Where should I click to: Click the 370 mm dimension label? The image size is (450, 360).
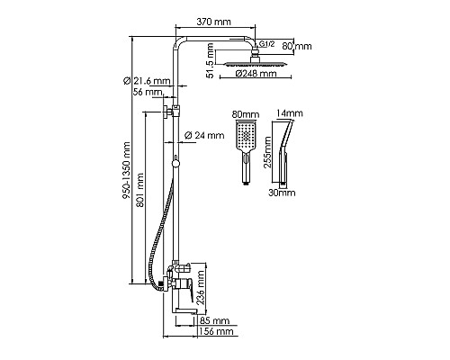tap(213, 22)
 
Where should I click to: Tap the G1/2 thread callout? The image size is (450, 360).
tap(266, 44)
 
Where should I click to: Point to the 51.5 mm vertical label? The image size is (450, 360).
tap(211, 60)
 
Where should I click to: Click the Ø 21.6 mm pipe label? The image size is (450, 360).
tap(147, 81)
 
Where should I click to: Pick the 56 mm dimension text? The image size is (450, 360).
tap(148, 92)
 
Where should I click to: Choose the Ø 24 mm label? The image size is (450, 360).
tap(204, 135)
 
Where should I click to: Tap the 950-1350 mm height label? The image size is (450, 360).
tap(127, 170)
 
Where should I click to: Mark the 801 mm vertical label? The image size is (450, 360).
tap(140, 190)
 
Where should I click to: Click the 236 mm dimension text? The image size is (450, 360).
tap(201, 288)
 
